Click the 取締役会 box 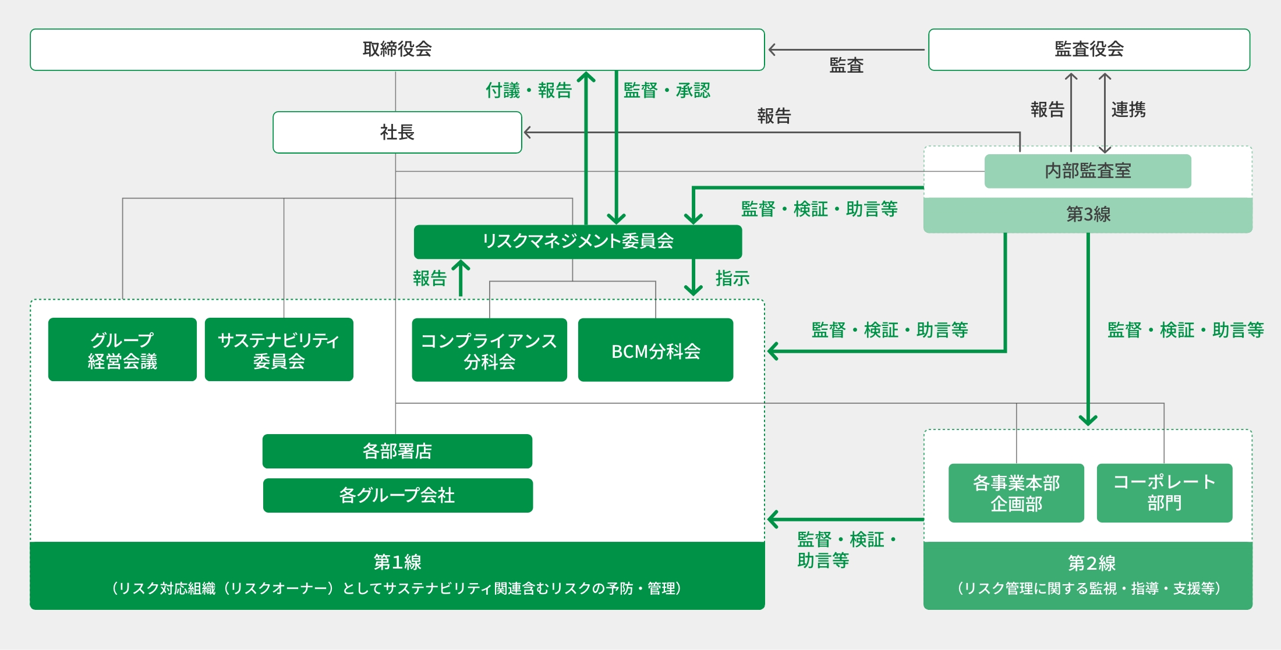pyautogui.click(x=397, y=49)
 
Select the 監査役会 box pyautogui.click(x=1089, y=49)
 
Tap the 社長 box pyautogui.click(x=397, y=132)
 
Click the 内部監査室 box pyautogui.click(x=1088, y=171)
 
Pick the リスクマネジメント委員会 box pyautogui.click(x=578, y=241)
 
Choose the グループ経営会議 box pyautogui.click(x=122, y=350)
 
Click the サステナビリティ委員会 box pyautogui.click(x=279, y=350)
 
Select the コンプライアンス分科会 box pyautogui.click(x=489, y=350)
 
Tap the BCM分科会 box pyautogui.click(x=656, y=350)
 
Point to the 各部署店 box pyautogui.click(x=397, y=451)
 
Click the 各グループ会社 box pyautogui.click(x=398, y=495)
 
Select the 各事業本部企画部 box pyautogui.click(x=1016, y=493)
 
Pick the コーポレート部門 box pyautogui.click(x=1165, y=493)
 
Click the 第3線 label pyautogui.click(x=1088, y=214)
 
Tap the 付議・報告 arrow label pyautogui.click(x=529, y=91)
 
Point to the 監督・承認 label pyautogui.click(x=667, y=91)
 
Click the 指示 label pyautogui.click(x=732, y=279)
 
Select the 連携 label pyautogui.click(x=1128, y=109)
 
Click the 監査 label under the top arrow pyautogui.click(x=846, y=65)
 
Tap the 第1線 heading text pyautogui.click(x=397, y=562)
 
